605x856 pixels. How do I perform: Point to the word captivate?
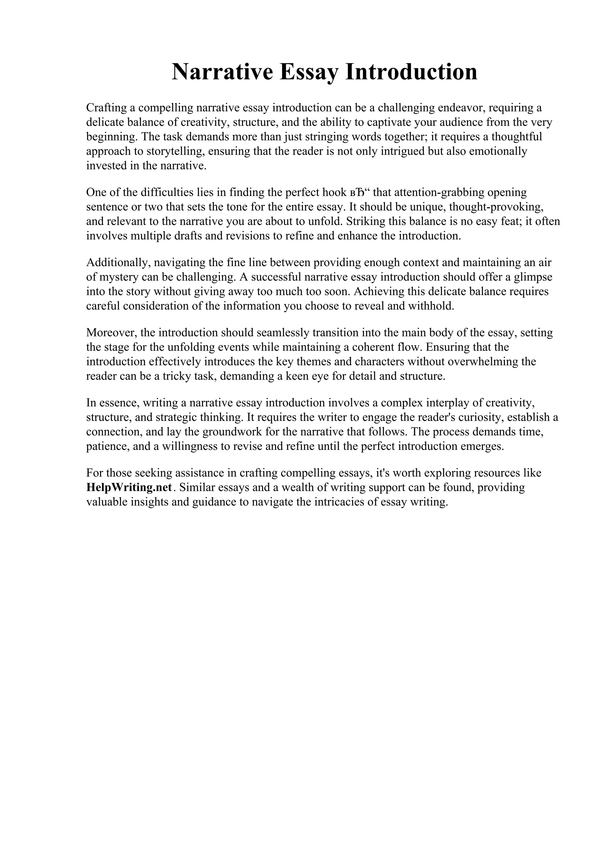pos(375,122)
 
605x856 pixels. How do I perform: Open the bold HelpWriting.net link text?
pos(129,488)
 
